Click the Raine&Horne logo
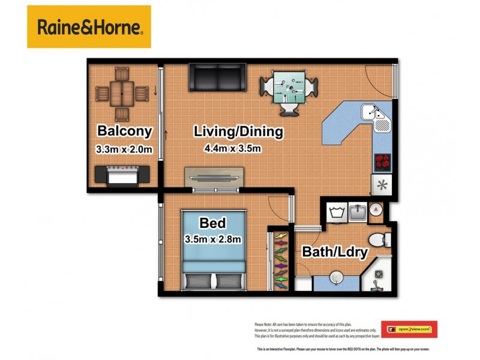click(x=89, y=26)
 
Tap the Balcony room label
click(x=125, y=131)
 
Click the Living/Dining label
click(x=238, y=131)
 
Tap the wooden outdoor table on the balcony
click(x=122, y=94)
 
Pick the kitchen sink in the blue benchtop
click(x=377, y=114)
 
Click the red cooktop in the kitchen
click(x=382, y=161)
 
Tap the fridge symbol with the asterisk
click(x=382, y=184)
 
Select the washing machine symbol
click(x=334, y=212)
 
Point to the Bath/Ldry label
click(x=334, y=252)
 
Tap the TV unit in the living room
click(x=214, y=178)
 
